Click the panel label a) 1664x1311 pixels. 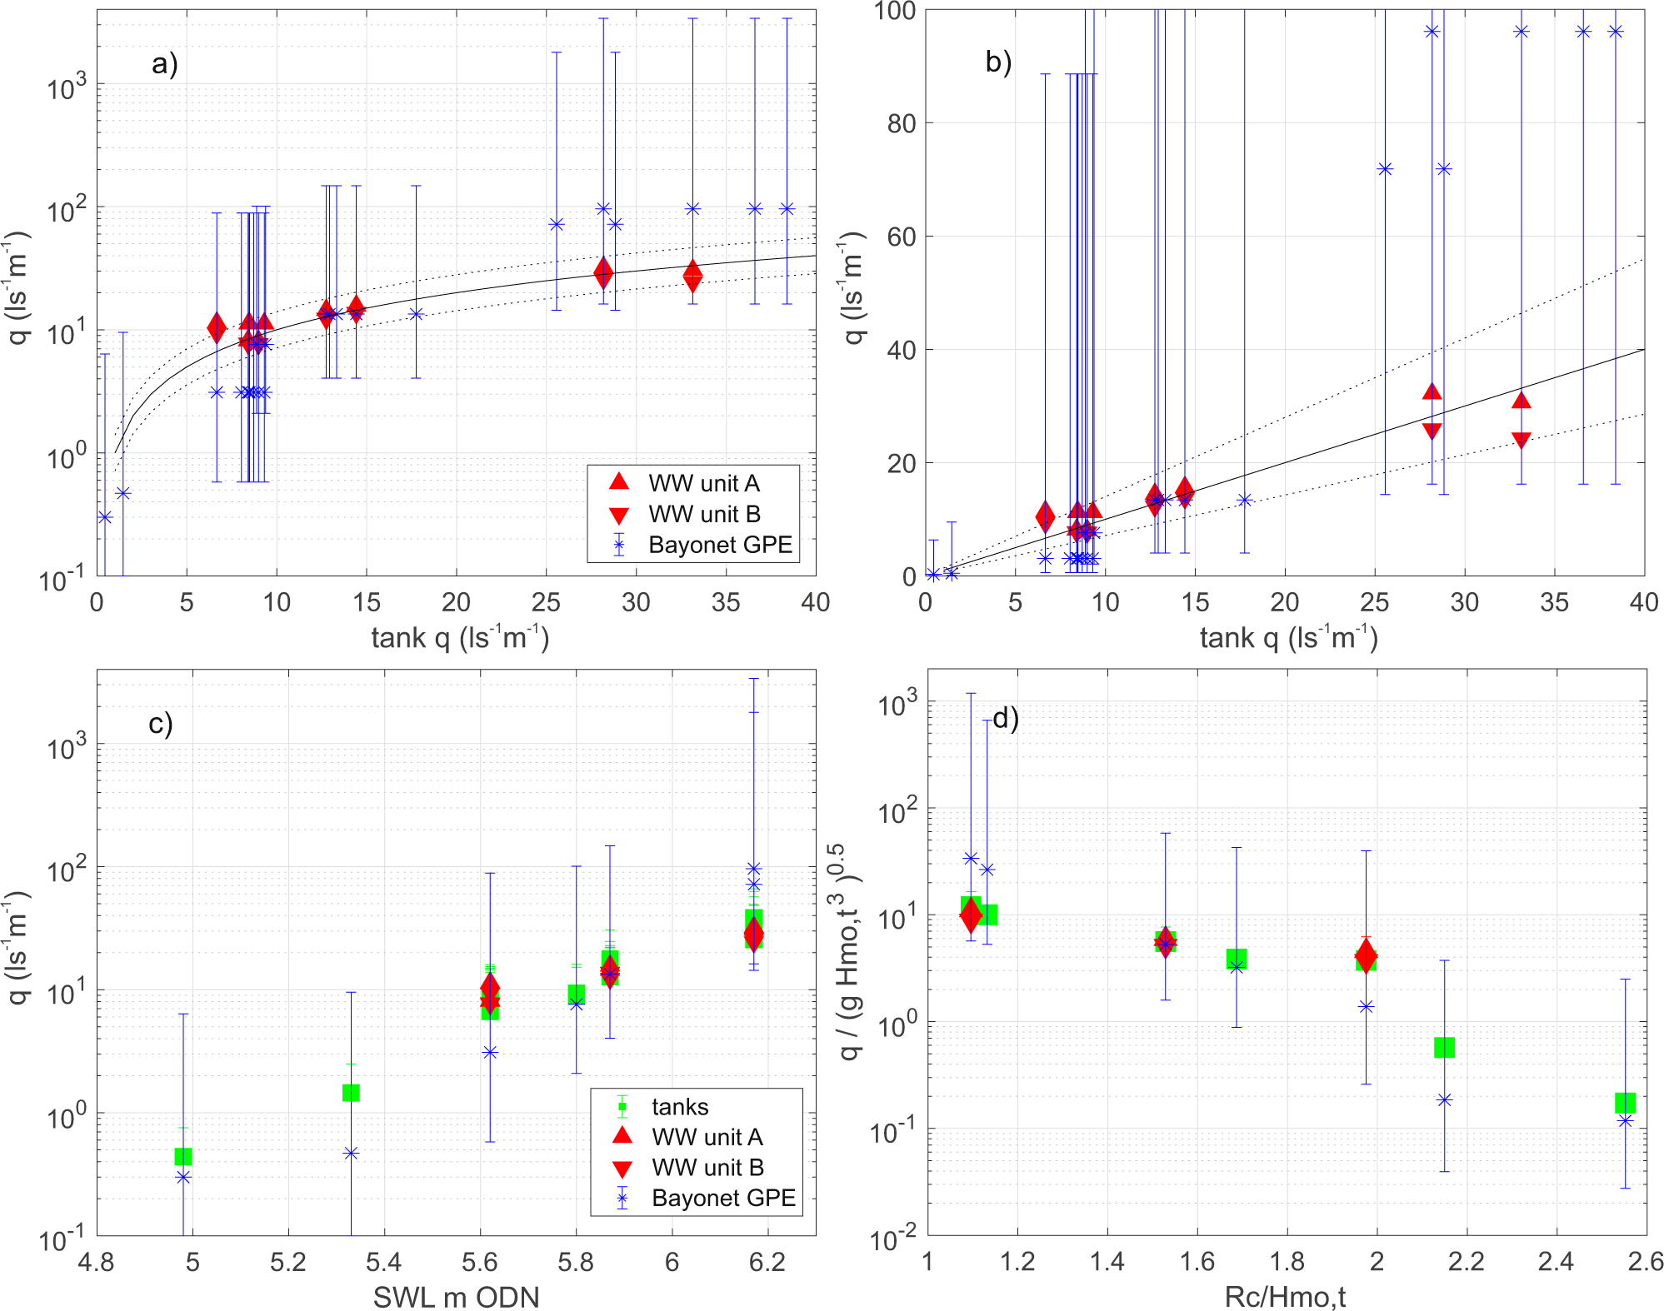(x=164, y=64)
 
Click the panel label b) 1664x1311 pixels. (x=997, y=62)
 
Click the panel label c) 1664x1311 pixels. (x=160, y=723)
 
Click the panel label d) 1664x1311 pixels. (x=1005, y=719)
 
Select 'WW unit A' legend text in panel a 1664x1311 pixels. (x=703, y=483)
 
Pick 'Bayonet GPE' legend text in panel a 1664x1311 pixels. (x=720, y=545)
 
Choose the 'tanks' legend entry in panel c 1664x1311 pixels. (x=680, y=1107)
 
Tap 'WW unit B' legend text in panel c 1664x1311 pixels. (x=707, y=1168)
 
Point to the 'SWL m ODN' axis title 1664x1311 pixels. (x=456, y=1297)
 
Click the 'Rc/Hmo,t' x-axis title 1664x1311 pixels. (x=1285, y=1297)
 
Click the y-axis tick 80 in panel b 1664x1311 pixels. (x=902, y=123)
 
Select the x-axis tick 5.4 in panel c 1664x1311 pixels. (x=384, y=1263)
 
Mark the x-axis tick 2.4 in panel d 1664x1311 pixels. (x=1556, y=1263)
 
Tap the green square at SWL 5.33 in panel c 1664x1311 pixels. (x=351, y=1092)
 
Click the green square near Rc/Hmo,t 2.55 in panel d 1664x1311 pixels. (x=1625, y=1103)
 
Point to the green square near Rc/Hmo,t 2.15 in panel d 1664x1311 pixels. (x=1444, y=1048)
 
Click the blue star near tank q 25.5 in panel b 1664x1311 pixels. (x=1385, y=169)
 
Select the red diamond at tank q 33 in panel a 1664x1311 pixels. (x=692, y=276)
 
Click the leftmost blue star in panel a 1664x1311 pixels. (x=105, y=517)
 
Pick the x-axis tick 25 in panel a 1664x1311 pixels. (x=546, y=603)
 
